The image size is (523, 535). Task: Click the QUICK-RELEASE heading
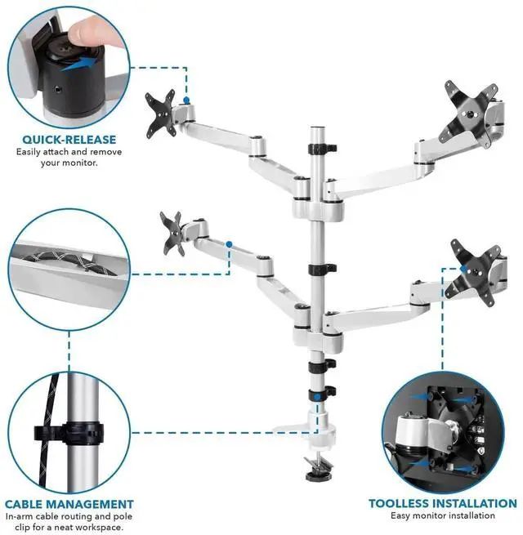[x=69, y=139]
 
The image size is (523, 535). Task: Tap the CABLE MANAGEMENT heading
[x=69, y=504]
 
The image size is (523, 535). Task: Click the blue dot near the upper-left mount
[x=187, y=100]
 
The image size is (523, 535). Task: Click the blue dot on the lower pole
[x=315, y=396]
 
